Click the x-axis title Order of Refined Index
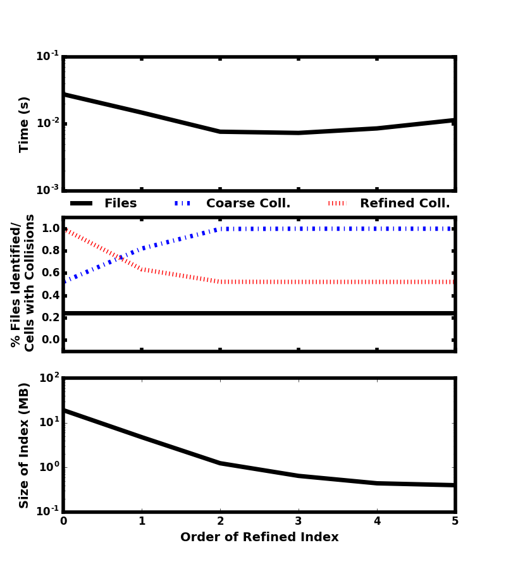(259, 537)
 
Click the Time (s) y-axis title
(25, 124)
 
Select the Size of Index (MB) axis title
(25, 445)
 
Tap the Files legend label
(120, 204)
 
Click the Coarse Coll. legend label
(248, 204)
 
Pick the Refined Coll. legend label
(405, 204)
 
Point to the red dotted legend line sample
(337, 204)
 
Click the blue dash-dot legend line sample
(183, 204)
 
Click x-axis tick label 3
(299, 522)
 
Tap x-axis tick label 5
(455, 522)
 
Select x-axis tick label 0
(63, 522)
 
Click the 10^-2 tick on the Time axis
(47, 123)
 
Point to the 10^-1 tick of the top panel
(47, 56)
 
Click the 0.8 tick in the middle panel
(51, 251)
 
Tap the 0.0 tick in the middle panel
(51, 340)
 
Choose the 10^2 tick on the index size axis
(49, 378)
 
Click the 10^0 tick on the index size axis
(49, 467)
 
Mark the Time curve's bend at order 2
(220, 132)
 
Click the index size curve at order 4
(377, 483)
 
